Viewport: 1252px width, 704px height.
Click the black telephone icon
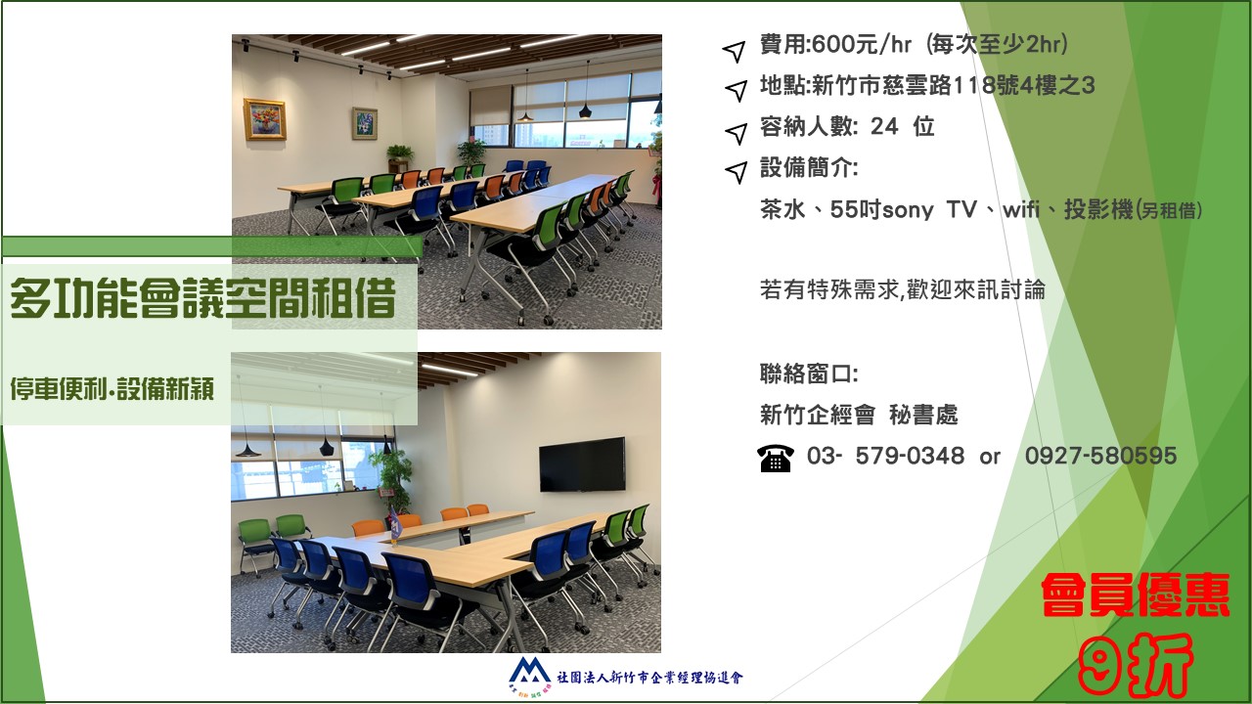coord(776,458)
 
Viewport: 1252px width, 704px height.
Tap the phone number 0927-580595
coord(1101,456)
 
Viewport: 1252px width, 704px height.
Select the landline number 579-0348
coord(910,456)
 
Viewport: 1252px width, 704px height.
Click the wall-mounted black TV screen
coord(582,464)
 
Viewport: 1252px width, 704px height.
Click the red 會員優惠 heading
coord(1136,594)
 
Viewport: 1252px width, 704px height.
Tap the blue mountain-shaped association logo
coord(530,671)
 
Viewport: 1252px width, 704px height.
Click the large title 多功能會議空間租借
coord(202,298)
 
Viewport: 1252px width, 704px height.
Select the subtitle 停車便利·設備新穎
coord(112,389)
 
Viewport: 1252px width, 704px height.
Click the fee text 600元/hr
coord(862,44)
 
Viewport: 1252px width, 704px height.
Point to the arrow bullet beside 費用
coord(735,51)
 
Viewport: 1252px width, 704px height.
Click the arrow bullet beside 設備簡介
coord(736,172)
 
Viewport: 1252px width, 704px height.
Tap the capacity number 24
coord(884,126)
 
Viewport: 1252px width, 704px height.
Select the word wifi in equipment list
coord(1021,210)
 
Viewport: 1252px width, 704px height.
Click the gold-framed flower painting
coord(265,119)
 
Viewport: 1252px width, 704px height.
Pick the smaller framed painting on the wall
coord(365,123)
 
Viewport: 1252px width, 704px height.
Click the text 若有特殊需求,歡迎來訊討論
coord(903,290)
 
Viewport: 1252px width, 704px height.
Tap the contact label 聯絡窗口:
coord(809,374)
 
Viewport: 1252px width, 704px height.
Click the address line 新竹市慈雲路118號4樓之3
coord(953,85)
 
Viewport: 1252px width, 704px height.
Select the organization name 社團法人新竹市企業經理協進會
coord(650,678)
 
